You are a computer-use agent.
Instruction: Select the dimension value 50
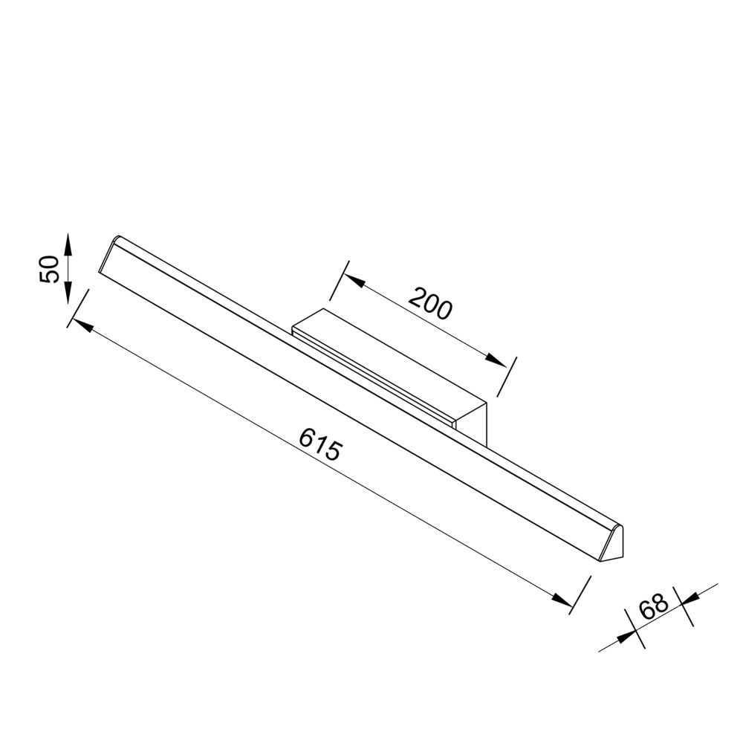coord(49,268)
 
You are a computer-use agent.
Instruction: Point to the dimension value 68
coord(655,606)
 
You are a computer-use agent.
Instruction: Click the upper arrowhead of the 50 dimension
coord(67,242)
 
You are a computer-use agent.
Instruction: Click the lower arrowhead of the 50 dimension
coord(67,294)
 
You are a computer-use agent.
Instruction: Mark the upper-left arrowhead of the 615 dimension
coord(80,326)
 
